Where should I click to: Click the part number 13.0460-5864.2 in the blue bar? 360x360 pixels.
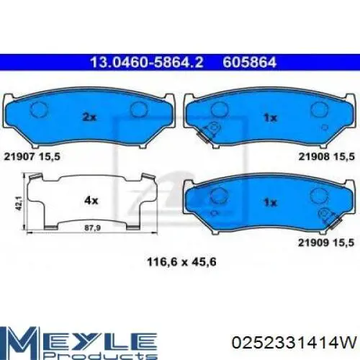pos(147,63)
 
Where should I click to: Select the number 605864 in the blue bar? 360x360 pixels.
pos(250,63)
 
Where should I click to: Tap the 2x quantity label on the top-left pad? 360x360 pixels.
pos(89,117)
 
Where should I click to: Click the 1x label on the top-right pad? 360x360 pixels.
pos(271,117)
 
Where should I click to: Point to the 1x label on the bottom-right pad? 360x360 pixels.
pos(271,202)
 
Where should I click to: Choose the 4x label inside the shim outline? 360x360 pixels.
pos(91,200)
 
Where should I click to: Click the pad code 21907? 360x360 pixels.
pos(20,157)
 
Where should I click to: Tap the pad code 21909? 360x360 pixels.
pos(314,243)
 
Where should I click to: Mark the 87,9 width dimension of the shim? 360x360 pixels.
pos(93,228)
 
